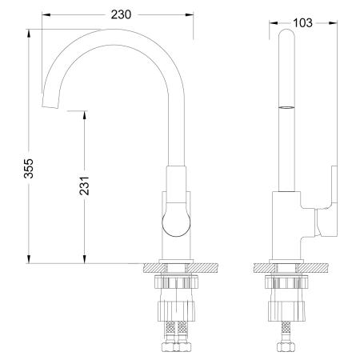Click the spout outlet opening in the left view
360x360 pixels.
[x=53, y=105]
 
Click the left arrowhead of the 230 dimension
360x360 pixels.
[x=45, y=14]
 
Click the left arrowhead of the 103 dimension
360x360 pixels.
[x=270, y=24]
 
